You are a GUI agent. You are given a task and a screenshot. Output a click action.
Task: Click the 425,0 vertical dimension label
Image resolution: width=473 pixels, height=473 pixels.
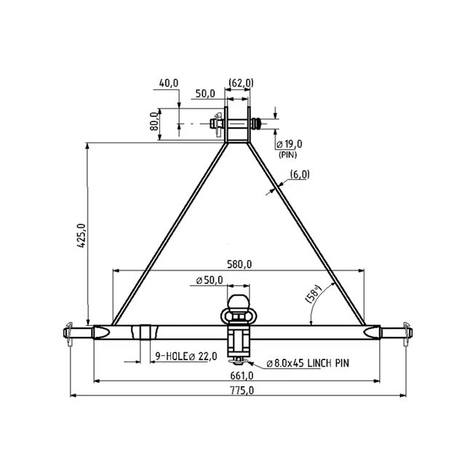point(82,235)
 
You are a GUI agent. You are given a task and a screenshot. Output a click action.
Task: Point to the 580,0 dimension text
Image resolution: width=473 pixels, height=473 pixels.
point(238,264)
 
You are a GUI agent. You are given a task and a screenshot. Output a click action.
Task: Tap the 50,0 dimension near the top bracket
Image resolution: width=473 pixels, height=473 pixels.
point(204,94)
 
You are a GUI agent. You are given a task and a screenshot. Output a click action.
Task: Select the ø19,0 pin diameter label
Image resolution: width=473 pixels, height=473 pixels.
point(289,144)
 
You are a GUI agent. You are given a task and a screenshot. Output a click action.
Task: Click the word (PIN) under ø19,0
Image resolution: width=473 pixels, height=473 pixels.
point(287,154)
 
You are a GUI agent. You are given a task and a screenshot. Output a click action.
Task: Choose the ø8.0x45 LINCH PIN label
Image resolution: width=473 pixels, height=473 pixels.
point(306,362)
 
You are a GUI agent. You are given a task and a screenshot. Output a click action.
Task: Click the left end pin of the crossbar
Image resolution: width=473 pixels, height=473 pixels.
point(75,333)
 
